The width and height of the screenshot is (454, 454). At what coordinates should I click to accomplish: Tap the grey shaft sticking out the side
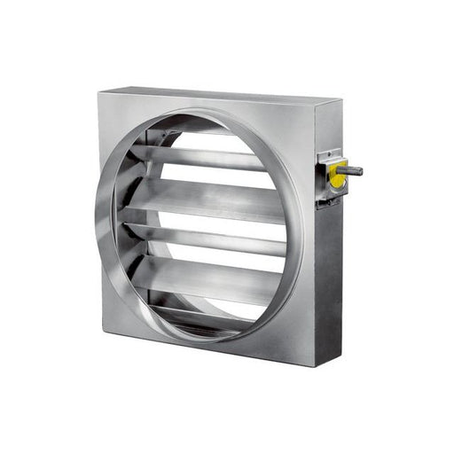351,169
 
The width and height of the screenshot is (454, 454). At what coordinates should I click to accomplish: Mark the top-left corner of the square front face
99,91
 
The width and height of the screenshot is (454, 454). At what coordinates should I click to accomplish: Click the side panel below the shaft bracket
328,284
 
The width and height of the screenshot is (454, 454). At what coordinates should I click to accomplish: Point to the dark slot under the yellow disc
331,199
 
